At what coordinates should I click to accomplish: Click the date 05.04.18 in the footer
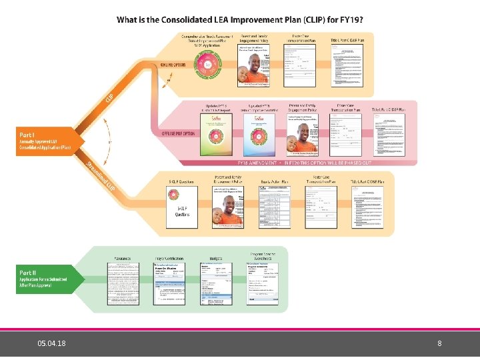coord(51,344)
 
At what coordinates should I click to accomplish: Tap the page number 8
coord(439,344)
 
